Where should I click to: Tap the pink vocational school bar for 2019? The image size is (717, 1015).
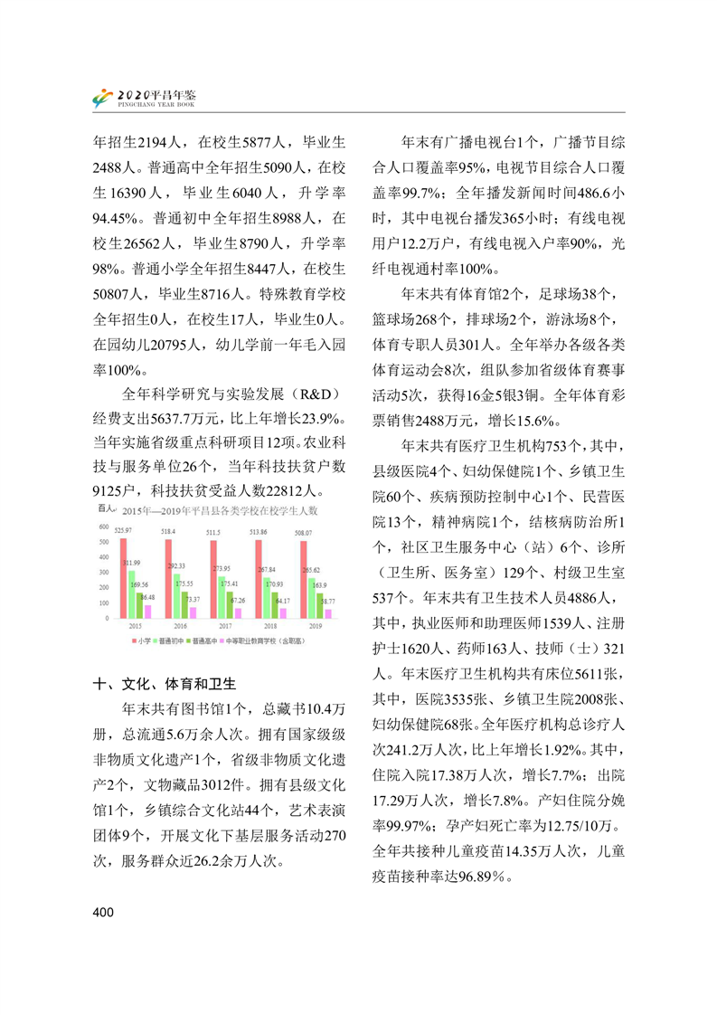pyautogui.click(x=328, y=613)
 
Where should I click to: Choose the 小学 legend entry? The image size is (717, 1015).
pyautogui.click(x=140, y=640)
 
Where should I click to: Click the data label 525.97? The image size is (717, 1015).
pyautogui.click(x=124, y=529)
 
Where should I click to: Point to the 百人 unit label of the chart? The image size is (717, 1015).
pyautogui.click(x=105, y=511)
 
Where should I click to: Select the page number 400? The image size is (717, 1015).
pyautogui.click(x=103, y=913)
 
